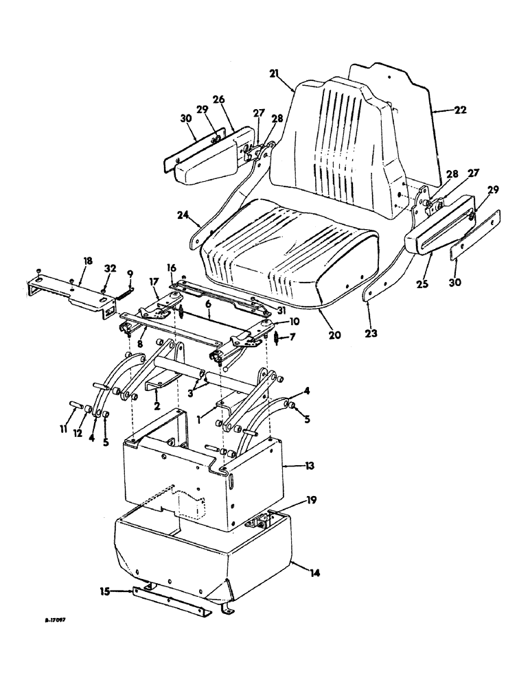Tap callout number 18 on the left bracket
tap(87, 261)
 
